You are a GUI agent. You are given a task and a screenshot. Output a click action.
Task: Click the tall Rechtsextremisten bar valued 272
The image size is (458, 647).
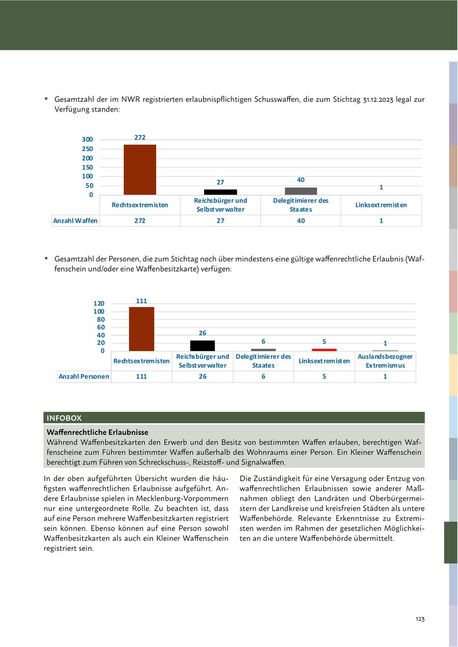coord(140,169)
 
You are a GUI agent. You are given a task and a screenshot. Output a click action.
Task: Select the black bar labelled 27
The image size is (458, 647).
coord(220,192)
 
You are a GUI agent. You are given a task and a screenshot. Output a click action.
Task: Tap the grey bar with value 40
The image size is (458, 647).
coord(301,191)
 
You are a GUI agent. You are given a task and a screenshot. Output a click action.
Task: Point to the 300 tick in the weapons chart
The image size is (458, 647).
coord(88,139)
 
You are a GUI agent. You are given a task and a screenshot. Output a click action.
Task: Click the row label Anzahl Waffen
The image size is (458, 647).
coord(75,221)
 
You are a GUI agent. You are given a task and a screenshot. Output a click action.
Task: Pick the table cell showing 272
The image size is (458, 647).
coord(140,221)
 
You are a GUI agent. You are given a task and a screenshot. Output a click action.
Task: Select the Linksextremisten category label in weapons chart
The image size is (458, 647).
coord(381,205)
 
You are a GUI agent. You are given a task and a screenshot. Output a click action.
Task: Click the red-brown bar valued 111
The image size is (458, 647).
coord(141,329)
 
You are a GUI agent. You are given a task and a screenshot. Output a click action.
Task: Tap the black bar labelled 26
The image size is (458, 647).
coord(203,345)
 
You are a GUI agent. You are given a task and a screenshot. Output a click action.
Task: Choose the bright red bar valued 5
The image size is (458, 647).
coord(324,350)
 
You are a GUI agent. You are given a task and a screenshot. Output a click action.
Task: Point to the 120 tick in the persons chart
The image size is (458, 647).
coord(99,304)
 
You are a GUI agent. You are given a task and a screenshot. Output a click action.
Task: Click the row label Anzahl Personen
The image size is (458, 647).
coord(84,376)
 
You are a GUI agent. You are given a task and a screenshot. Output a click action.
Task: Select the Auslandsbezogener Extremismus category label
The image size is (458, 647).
coord(385,361)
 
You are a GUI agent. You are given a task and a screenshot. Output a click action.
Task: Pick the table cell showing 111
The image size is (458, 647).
coord(141,376)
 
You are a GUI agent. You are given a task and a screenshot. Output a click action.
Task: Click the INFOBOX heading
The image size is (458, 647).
coord(64,418)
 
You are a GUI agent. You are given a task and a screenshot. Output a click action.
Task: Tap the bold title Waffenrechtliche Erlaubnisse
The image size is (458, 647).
coord(97,432)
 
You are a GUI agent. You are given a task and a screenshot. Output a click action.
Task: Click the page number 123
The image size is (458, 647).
coord(420,619)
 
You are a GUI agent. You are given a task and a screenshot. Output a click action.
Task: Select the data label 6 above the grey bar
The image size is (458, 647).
coord(263,341)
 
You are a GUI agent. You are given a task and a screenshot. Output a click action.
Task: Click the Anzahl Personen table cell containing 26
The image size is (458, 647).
coord(203,376)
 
